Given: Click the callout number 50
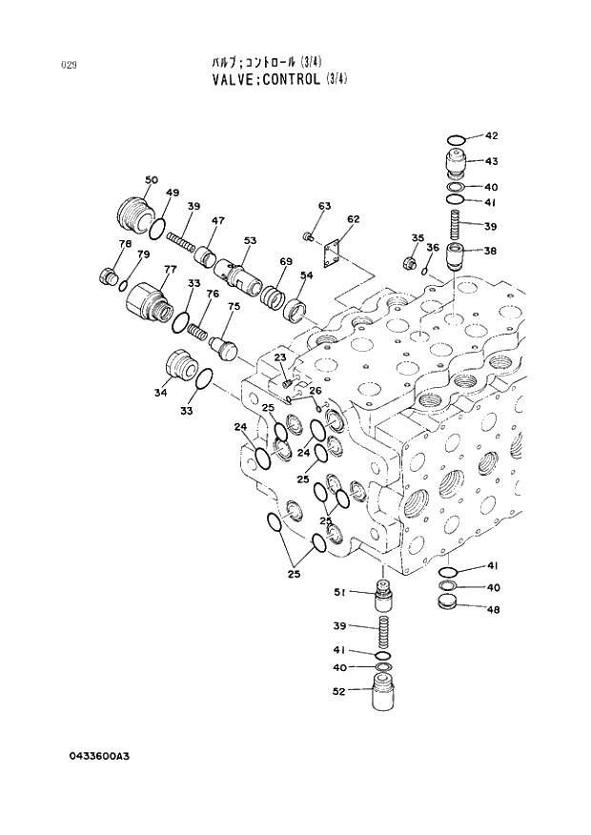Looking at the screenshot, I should [151, 180].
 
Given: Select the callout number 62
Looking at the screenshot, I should [353, 219].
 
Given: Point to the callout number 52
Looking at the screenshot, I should [338, 692].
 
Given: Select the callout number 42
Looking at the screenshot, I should [491, 136].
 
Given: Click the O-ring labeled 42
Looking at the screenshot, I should [457, 142].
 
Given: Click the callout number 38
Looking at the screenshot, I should [490, 252].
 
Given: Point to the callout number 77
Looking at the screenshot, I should [170, 270].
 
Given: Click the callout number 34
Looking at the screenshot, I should [160, 393].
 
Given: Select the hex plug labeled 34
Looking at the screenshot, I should [179, 364].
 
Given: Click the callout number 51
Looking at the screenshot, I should [338, 592].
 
